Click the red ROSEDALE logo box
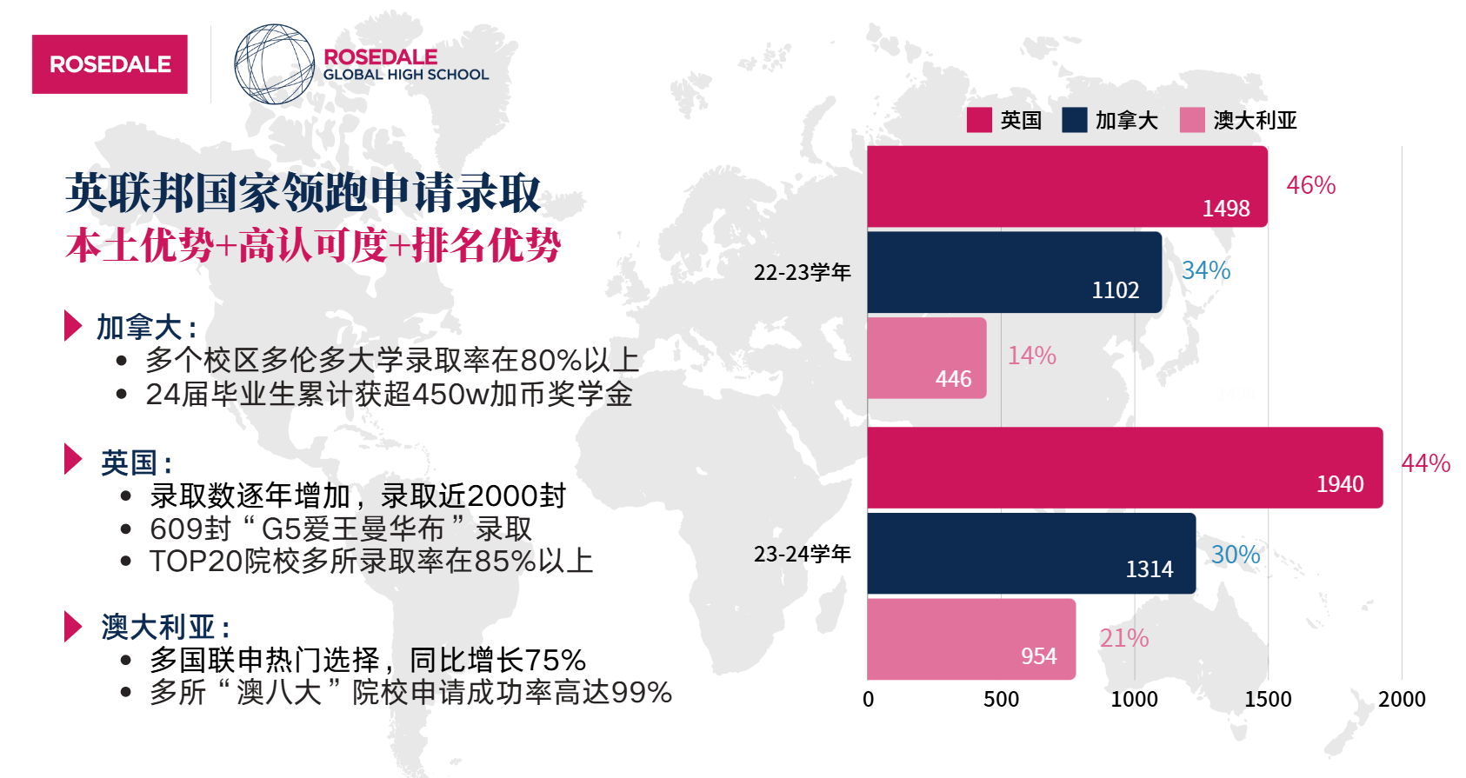pos(110,64)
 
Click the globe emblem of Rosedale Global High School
pos(274,64)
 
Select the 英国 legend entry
pos(1004,120)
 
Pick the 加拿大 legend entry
pos(1110,120)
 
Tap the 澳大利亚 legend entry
pos(1238,120)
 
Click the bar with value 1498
pos(1067,187)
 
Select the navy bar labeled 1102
pos(1014,272)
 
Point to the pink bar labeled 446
pos(926,358)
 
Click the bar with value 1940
pos(1124,468)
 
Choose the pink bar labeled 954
pos(970,639)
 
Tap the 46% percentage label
pos(1310,185)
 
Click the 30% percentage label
pos(1235,555)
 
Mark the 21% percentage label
pos(1123,638)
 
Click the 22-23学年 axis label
pos(802,272)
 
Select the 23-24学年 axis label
pos(802,554)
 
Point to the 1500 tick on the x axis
pos(1268,699)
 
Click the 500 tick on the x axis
pos(1001,699)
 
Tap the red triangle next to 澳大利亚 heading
pos(73,626)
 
